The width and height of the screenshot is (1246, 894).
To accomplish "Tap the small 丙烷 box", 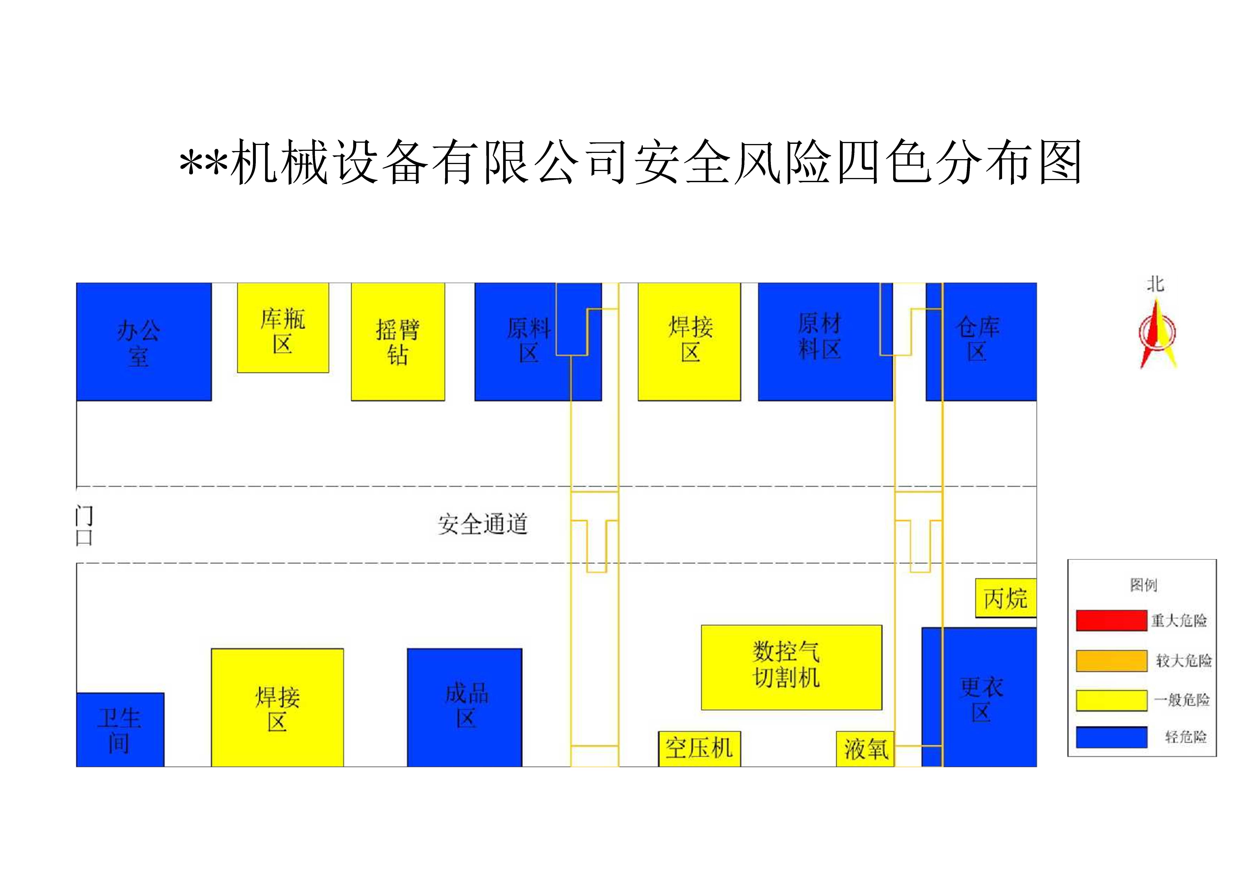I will (1005, 598).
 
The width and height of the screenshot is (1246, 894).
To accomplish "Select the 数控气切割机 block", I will (791, 667).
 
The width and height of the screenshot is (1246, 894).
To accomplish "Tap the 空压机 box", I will (699, 748).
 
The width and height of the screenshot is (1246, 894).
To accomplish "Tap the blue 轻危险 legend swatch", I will (1111, 737).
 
